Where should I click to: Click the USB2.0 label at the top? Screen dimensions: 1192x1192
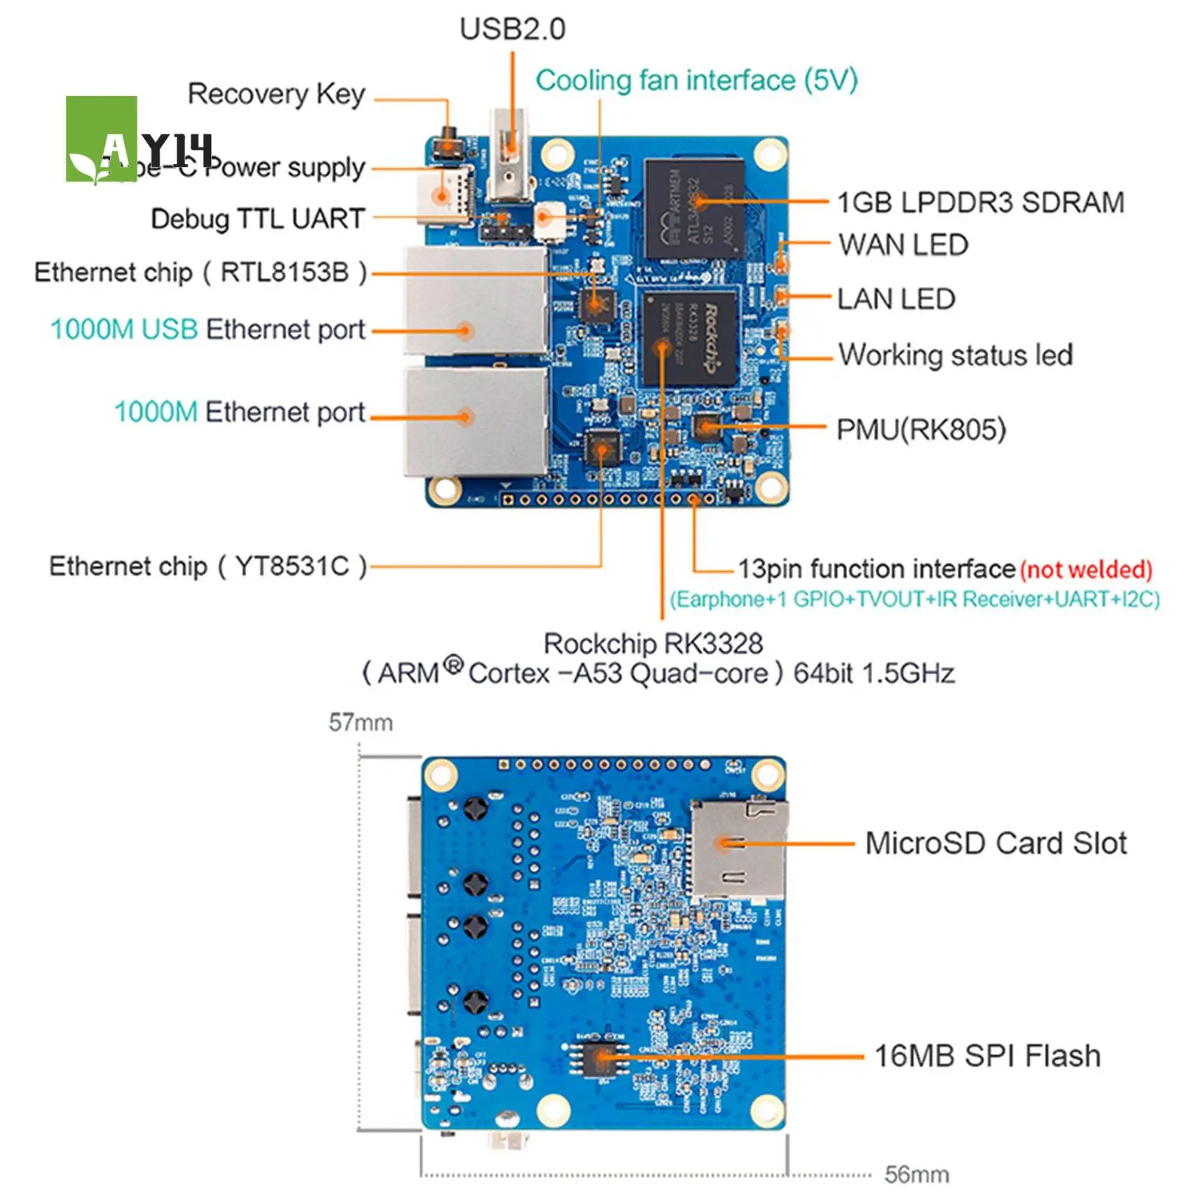[x=512, y=29]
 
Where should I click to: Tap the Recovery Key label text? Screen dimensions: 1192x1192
[x=276, y=94]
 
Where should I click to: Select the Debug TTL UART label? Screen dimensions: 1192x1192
[x=257, y=219]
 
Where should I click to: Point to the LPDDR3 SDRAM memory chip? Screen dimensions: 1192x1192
[x=693, y=208]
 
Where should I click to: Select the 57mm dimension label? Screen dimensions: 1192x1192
[x=360, y=722]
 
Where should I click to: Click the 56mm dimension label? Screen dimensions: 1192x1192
[x=916, y=1174]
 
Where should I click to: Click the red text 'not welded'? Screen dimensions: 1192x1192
[x=1085, y=569]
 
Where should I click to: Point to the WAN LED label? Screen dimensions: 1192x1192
[x=903, y=245]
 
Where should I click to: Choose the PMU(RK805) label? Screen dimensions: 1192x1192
[x=921, y=430]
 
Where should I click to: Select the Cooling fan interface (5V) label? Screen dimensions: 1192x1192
[x=696, y=81]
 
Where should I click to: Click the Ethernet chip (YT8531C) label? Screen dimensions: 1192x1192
[x=208, y=566]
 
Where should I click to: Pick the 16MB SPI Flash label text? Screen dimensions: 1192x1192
[x=987, y=1056]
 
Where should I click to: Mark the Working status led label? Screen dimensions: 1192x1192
[x=955, y=355]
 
